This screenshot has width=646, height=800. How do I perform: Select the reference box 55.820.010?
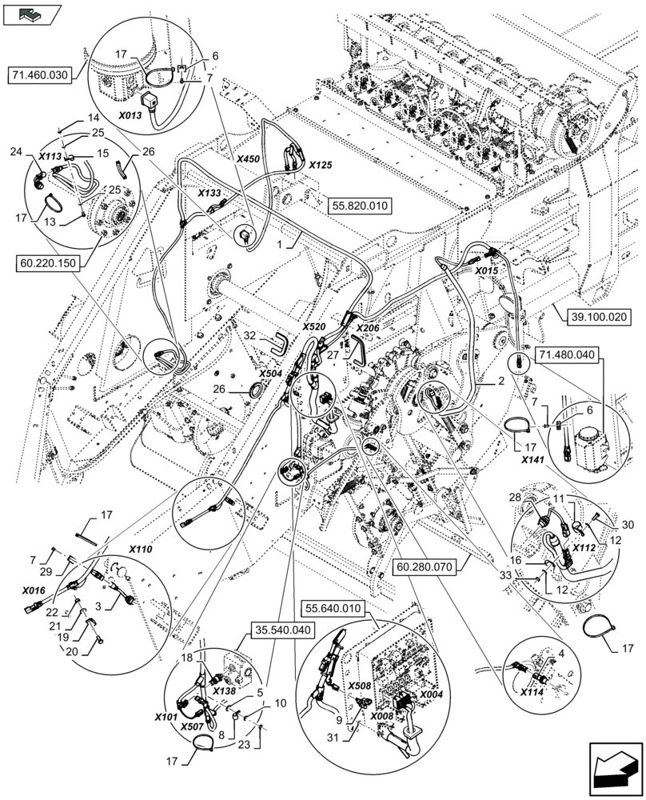pos(357,206)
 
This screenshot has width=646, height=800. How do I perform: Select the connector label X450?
pos(248,159)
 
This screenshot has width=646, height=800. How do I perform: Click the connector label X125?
pos(320,164)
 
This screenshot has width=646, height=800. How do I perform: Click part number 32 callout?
pos(249,335)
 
